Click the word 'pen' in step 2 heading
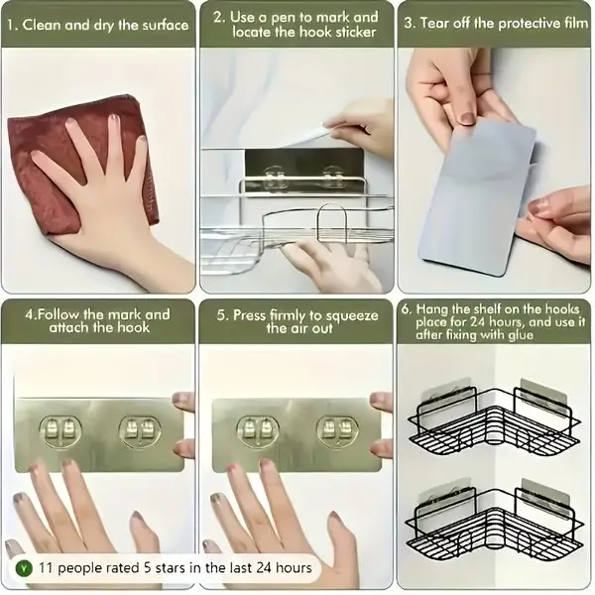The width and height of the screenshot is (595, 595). (287, 19)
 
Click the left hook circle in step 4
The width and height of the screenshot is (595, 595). (60, 432)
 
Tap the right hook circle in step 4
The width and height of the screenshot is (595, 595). (140, 432)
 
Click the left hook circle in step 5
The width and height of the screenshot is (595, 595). (258, 431)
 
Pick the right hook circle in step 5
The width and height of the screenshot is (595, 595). (337, 431)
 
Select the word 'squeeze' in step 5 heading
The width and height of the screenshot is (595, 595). (352, 316)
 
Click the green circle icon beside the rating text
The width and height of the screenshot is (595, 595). (24, 569)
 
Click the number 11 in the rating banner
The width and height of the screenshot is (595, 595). (46, 568)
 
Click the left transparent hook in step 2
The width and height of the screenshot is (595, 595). (275, 178)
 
